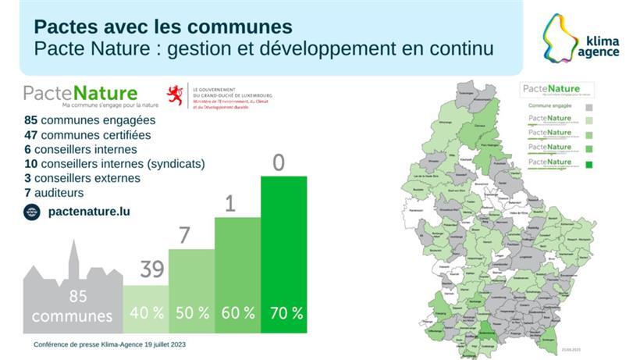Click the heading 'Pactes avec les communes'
tap(163, 27)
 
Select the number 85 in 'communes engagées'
tap(31, 121)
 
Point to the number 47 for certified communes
tap(31, 135)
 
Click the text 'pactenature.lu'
tap(89, 211)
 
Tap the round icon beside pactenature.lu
tap(31, 211)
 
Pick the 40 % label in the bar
tap(146, 313)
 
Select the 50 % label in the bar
tap(191, 313)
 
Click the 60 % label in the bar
tap(237, 313)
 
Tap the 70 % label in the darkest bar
tap(286, 313)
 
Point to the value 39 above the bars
tap(151, 270)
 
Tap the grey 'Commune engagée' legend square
tap(589, 107)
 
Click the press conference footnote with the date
tap(109, 344)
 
